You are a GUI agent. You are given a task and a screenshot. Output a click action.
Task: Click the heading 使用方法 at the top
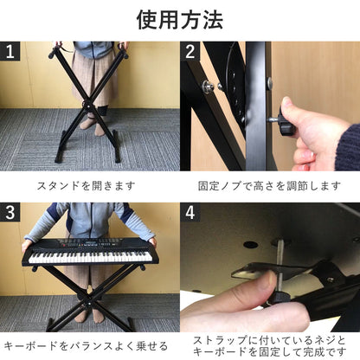pyautogui.click(x=180, y=20)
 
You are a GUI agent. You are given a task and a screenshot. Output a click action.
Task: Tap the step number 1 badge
pyautogui.click(x=10, y=51)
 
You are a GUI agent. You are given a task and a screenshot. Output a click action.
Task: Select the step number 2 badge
pyautogui.click(x=190, y=51)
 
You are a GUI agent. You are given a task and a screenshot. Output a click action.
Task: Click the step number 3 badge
pyautogui.click(x=10, y=212)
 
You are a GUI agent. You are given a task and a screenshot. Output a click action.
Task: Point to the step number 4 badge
pyautogui.click(x=190, y=212)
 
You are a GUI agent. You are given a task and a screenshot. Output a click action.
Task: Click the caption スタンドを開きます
pyautogui.click(x=86, y=186)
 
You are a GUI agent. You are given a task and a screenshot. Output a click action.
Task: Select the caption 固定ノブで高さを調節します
pyautogui.click(x=269, y=186)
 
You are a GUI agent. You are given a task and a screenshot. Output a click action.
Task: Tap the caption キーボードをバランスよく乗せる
pyautogui.click(x=86, y=346)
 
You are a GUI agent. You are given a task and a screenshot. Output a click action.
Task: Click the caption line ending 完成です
pyautogui.click(x=269, y=352)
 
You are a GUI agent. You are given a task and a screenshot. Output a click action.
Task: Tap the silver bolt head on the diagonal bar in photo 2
pyautogui.click(x=207, y=85)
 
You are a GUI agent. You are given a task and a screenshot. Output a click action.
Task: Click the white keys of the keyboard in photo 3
pyautogui.click(x=90, y=257)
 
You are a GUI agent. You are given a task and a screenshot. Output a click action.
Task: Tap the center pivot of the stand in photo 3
pyautogui.click(x=90, y=304)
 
